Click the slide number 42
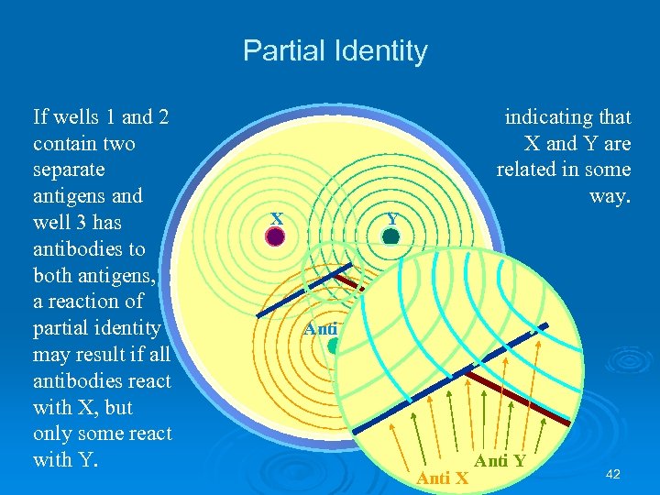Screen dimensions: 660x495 pyautogui.click(x=614, y=474)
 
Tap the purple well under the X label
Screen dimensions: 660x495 pyautogui.click(x=275, y=236)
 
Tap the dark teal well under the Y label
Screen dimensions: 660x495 pyautogui.click(x=391, y=236)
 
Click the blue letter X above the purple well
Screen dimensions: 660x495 pyautogui.click(x=276, y=218)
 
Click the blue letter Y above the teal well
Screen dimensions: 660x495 pyautogui.click(x=392, y=220)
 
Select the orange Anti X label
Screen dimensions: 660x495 pyautogui.click(x=443, y=478)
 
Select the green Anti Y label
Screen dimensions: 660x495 pyautogui.click(x=500, y=461)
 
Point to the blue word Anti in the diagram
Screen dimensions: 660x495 pyautogui.click(x=321, y=328)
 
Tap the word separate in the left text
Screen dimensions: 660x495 pyautogui.click(x=69, y=170)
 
